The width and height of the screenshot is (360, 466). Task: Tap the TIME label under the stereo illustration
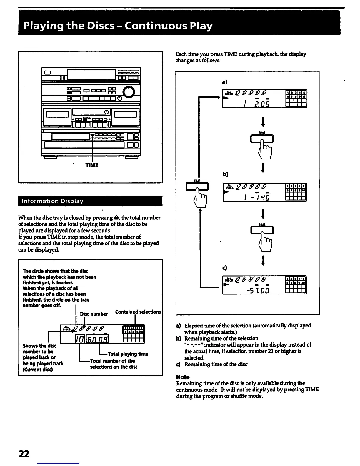tap(92, 165)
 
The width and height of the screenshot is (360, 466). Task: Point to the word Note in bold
tap(183, 377)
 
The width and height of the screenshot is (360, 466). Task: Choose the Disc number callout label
tap(94, 314)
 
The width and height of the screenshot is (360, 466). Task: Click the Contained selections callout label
tap(138, 312)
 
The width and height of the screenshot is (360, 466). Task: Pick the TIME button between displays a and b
tap(262, 138)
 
